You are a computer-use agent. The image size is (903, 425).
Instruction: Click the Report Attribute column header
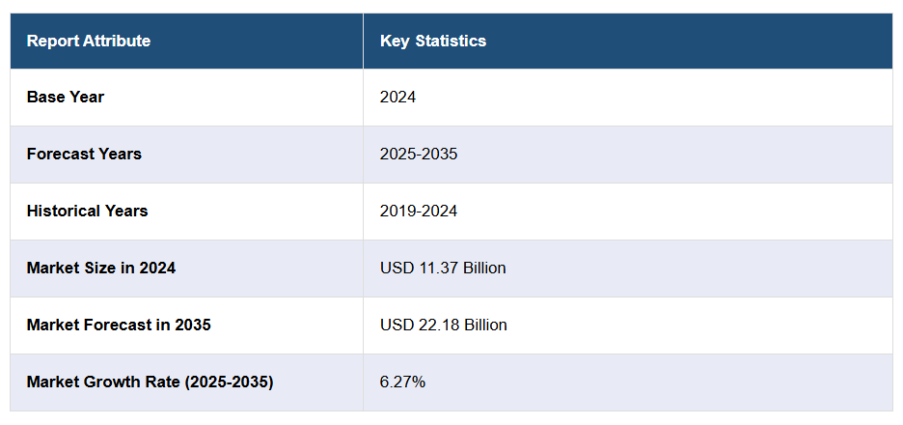click(89, 41)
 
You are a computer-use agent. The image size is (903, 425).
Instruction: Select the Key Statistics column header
click(433, 41)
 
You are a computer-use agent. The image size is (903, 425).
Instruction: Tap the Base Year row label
click(66, 97)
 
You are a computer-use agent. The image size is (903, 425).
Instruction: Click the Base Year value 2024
click(398, 97)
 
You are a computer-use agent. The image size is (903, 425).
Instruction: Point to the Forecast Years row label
click(84, 154)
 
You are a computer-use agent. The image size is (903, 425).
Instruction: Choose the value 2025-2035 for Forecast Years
click(419, 154)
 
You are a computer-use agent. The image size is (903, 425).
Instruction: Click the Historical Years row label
click(88, 211)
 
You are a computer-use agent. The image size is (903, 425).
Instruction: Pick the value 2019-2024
click(419, 211)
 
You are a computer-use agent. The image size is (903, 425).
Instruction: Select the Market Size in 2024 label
click(101, 268)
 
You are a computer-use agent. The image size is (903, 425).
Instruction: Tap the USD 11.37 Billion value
click(443, 268)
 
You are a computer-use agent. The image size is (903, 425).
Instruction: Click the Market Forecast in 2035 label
click(119, 325)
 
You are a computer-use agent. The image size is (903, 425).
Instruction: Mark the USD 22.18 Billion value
click(444, 325)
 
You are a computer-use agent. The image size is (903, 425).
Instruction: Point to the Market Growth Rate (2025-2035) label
click(150, 382)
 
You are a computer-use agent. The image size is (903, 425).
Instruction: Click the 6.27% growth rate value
click(403, 382)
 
